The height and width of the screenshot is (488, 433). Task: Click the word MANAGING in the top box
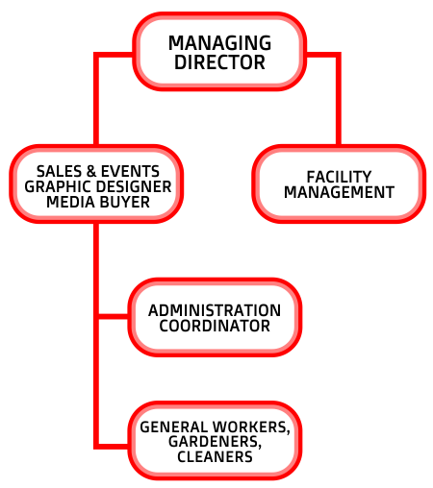[219, 43]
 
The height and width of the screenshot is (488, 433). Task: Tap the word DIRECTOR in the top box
[219, 62]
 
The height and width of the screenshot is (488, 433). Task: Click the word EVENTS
[130, 171]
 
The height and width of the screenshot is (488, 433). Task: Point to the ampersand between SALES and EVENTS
[91, 171]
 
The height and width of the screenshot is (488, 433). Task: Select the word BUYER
[124, 202]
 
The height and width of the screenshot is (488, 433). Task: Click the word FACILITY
[339, 177]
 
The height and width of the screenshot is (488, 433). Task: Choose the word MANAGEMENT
[339, 192]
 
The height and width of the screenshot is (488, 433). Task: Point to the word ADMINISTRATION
[215, 310]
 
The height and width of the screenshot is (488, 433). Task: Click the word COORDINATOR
[215, 326]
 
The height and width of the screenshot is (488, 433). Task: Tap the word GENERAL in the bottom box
[173, 427]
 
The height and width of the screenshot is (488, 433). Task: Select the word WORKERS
[251, 427]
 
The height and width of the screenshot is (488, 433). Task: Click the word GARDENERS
[215, 442]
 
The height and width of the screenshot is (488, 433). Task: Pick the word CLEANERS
[215, 457]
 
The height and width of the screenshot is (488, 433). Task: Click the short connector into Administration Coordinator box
[114, 316]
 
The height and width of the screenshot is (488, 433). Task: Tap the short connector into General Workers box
[114, 446]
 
